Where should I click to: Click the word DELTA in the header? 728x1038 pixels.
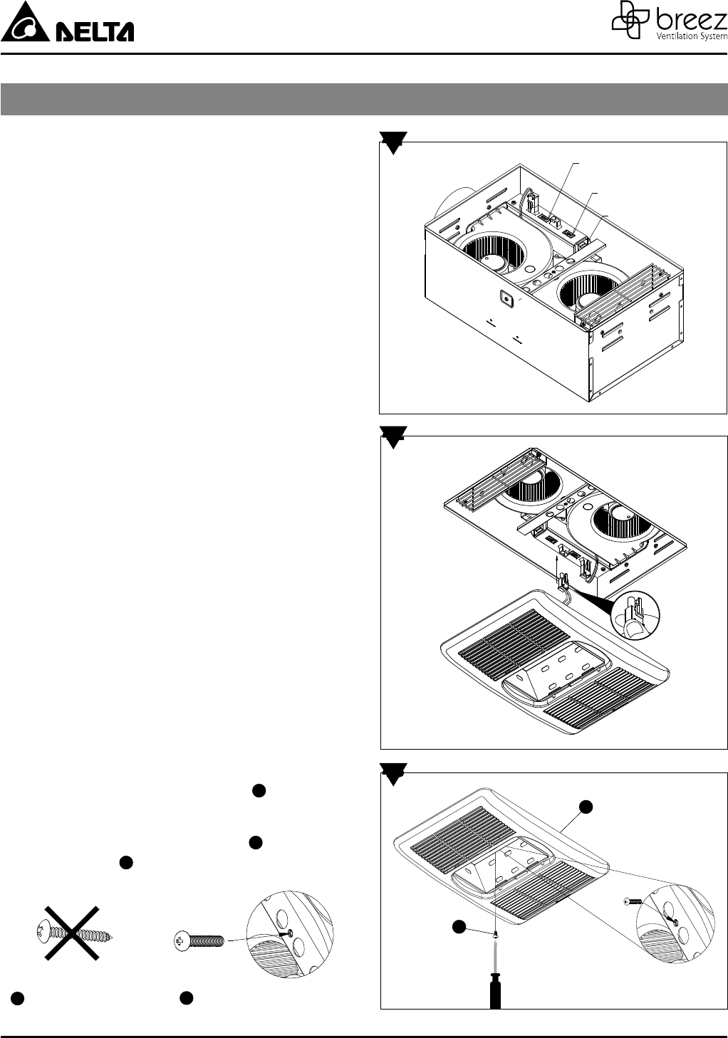click(94, 32)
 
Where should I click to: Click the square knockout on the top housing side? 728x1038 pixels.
click(507, 299)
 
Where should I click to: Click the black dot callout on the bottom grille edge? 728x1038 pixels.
click(586, 807)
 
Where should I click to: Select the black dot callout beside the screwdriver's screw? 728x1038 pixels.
click(459, 926)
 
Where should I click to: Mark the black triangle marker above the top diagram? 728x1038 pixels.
click(393, 142)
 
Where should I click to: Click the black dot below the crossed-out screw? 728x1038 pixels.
click(17, 998)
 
